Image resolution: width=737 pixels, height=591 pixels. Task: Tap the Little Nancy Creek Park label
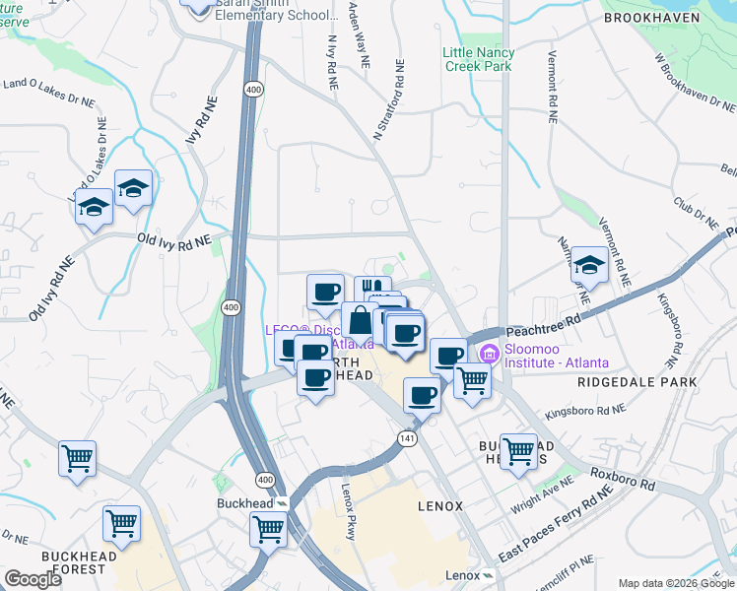click(478, 59)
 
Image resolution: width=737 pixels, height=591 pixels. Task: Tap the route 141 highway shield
click(407, 436)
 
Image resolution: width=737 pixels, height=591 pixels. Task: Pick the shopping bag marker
click(361, 322)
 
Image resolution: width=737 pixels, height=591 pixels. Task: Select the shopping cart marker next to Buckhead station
click(268, 528)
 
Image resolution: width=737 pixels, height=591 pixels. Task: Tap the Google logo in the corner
click(33, 579)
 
